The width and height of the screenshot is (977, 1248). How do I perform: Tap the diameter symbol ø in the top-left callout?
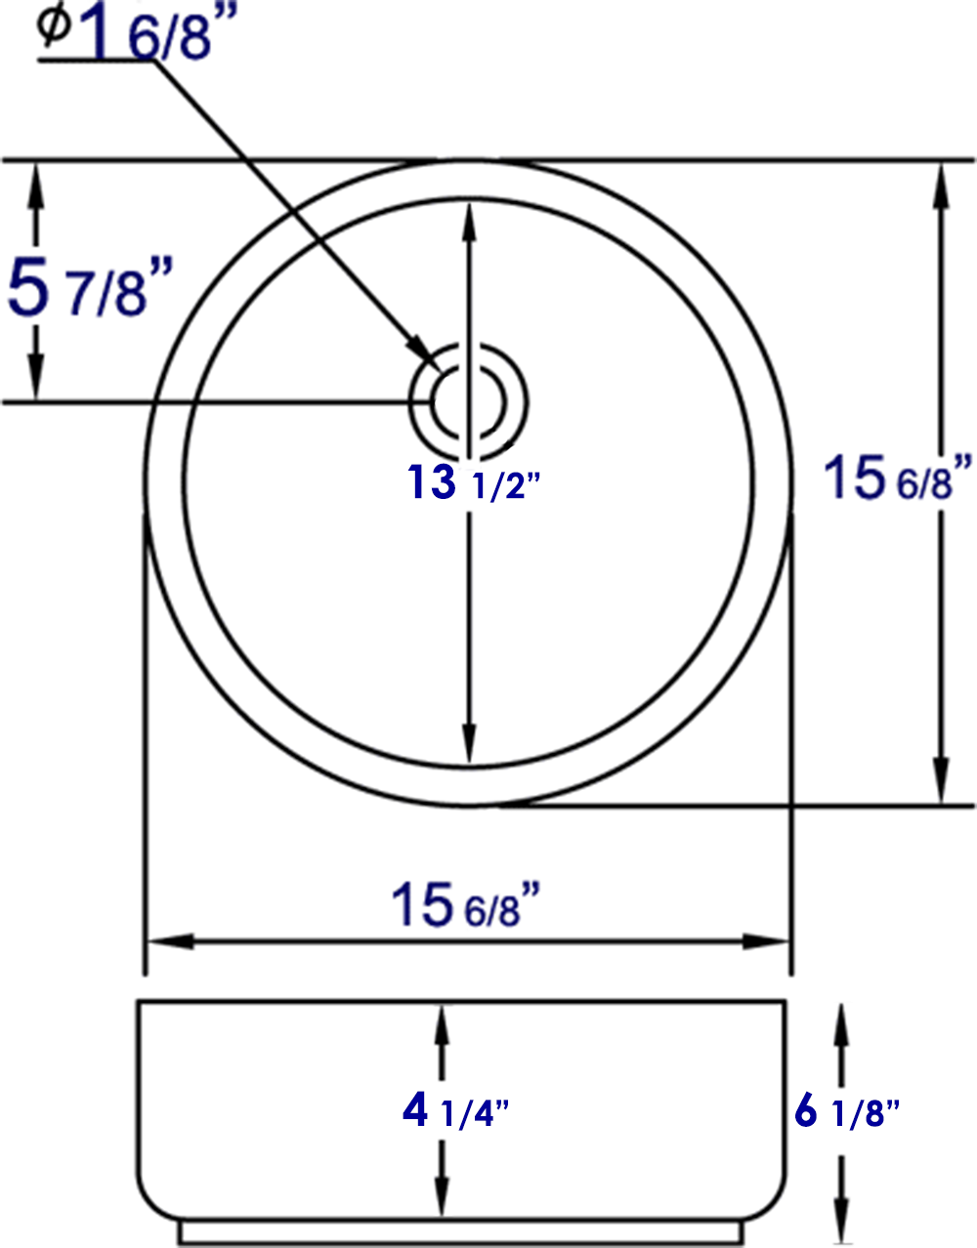coord(55,25)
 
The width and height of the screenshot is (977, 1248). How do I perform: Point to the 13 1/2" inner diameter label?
coord(473,482)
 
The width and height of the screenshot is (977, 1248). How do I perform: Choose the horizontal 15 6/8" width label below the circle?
coord(466,904)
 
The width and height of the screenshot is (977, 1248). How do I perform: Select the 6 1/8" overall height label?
coord(846,1111)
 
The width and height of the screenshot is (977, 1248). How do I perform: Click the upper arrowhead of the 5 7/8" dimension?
coord(37,181)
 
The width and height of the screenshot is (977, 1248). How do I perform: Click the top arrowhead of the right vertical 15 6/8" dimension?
coord(942,182)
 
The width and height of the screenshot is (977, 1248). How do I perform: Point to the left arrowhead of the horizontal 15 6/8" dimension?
coord(166,942)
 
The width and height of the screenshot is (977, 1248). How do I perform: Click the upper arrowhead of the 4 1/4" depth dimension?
coord(442,1025)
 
